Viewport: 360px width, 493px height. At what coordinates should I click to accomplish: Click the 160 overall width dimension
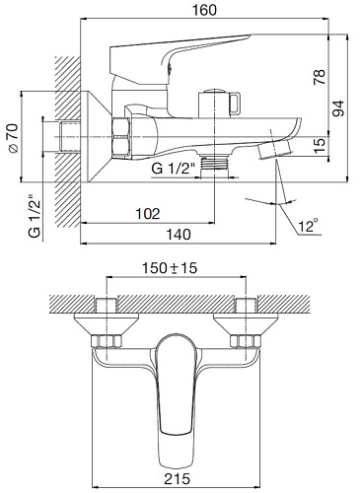coord(204,10)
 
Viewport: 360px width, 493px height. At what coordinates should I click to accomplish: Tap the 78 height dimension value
coord(320,77)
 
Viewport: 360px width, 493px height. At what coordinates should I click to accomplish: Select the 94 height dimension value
coord(338,108)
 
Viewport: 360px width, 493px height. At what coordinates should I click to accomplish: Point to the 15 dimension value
coord(320,145)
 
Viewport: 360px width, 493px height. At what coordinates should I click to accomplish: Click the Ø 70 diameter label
coord(14,138)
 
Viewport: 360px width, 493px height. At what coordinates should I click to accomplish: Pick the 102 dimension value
coord(148,214)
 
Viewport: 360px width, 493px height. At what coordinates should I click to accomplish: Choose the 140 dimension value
coord(179,235)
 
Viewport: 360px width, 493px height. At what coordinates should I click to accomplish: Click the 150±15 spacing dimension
coord(170,268)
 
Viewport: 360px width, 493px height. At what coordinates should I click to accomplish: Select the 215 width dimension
coord(178,478)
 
